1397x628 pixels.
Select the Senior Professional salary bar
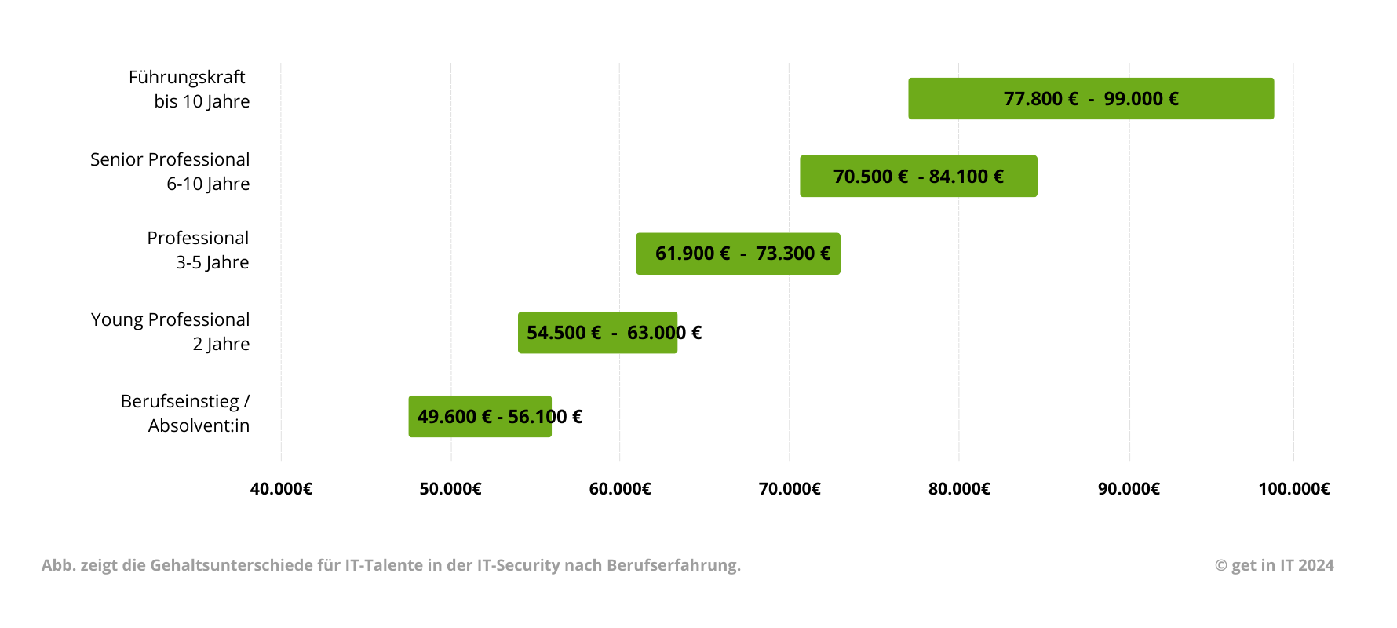(x=918, y=177)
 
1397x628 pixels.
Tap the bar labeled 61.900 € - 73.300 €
(x=738, y=254)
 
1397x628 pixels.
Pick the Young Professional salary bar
(x=597, y=333)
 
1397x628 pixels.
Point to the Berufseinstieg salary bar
(x=480, y=417)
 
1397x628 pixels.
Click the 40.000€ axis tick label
(x=281, y=489)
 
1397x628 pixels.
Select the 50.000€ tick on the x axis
(x=450, y=489)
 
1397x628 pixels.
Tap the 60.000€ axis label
(x=620, y=489)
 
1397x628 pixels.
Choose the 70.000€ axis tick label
(x=790, y=489)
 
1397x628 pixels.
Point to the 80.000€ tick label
(x=959, y=489)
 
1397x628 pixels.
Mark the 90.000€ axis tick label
(x=1129, y=489)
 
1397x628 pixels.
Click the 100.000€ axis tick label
(x=1294, y=489)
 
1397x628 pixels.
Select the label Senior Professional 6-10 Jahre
(x=170, y=171)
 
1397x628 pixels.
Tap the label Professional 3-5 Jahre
(x=198, y=250)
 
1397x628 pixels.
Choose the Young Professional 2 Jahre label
(x=170, y=331)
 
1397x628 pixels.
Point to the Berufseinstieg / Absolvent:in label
(x=185, y=413)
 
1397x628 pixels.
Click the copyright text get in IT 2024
(x=1275, y=565)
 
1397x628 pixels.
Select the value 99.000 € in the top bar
(x=1141, y=99)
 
